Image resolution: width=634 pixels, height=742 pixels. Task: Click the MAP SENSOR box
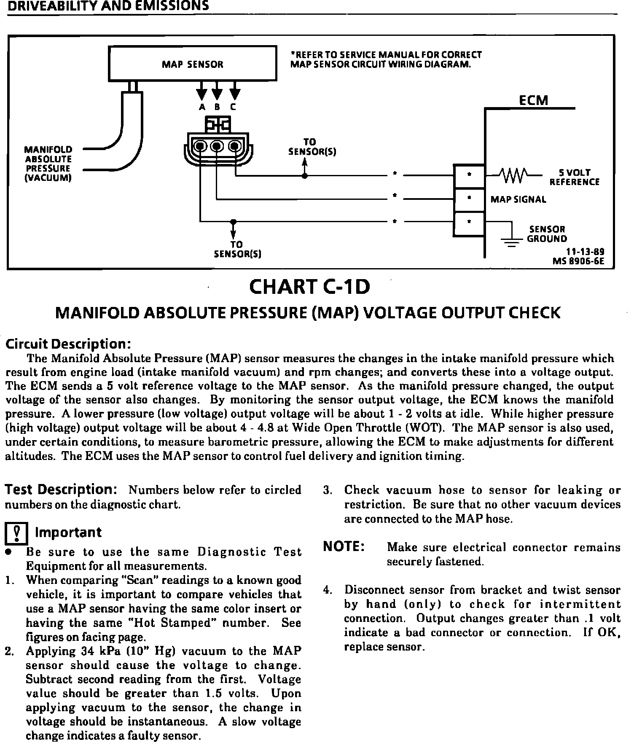(x=193, y=64)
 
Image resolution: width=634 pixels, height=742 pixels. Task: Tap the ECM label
(x=533, y=100)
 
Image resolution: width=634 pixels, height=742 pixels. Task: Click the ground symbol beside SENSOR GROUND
(x=511, y=240)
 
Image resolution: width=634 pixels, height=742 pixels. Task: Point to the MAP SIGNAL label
(x=518, y=199)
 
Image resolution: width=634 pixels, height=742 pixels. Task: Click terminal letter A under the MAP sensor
(x=202, y=107)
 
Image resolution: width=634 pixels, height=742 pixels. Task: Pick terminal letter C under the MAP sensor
(x=233, y=107)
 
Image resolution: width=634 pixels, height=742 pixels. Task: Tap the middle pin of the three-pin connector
(x=217, y=146)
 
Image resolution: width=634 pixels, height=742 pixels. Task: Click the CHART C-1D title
(x=310, y=287)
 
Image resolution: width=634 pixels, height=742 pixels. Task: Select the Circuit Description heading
(x=65, y=343)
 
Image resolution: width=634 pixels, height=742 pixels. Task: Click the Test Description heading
(x=61, y=489)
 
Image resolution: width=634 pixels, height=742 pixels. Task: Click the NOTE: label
(x=344, y=546)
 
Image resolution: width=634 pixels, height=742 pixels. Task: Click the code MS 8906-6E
(x=578, y=261)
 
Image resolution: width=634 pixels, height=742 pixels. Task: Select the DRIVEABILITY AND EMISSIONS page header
(x=108, y=6)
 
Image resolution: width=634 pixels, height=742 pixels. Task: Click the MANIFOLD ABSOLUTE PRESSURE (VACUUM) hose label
(x=48, y=164)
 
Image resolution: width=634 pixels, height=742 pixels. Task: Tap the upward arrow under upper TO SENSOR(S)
(x=304, y=164)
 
